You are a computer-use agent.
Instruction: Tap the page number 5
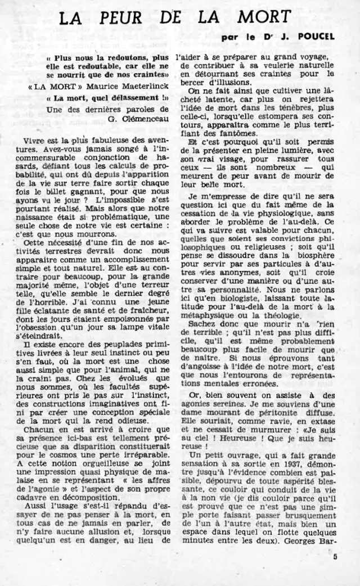(x=335, y=557)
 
